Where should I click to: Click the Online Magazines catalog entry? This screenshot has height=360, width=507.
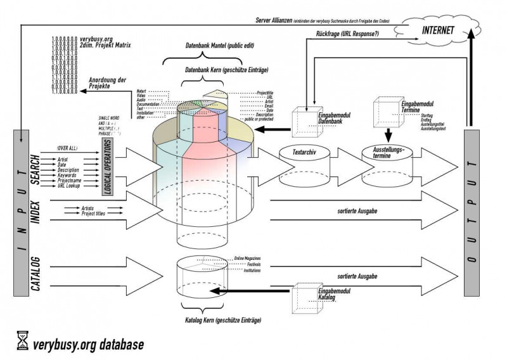pyautogui.click(x=248, y=259)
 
